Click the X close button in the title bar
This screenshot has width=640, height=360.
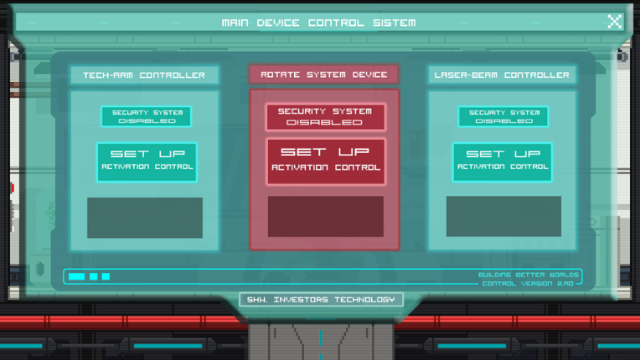point(614,21)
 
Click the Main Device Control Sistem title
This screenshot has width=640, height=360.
point(319,23)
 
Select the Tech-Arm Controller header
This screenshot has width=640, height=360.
point(144,75)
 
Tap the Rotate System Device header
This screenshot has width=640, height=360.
point(324,75)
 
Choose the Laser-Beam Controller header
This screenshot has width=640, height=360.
point(502,75)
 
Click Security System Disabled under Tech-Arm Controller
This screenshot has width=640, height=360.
point(147,116)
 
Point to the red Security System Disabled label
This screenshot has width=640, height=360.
point(325,116)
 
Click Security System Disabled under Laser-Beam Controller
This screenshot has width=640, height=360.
point(503,116)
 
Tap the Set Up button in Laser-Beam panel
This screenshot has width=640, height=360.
point(503,162)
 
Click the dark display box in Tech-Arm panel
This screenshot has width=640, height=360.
point(145,218)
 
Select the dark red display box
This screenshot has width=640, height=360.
point(326,217)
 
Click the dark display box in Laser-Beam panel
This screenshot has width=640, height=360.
point(503,216)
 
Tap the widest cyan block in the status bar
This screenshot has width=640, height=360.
point(77,276)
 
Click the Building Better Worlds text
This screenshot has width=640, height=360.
point(529,275)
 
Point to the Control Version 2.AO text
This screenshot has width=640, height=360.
point(528,283)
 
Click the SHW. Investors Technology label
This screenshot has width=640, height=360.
point(321,300)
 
